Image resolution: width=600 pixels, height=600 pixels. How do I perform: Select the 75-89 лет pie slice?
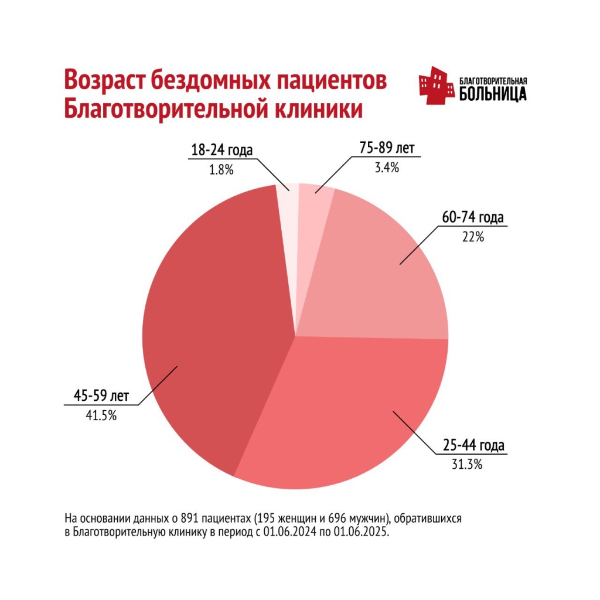(x=313, y=202)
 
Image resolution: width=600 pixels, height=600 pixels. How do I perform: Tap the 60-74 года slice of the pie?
(x=381, y=275)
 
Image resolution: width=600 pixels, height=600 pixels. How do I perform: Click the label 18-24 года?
(x=221, y=150)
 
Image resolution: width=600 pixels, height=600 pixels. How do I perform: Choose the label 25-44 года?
(x=473, y=446)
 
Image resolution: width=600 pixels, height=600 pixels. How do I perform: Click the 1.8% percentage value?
(x=221, y=170)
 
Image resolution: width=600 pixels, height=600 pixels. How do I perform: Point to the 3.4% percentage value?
(x=387, y=168)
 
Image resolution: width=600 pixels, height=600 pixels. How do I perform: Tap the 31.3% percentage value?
(x=467, y=465)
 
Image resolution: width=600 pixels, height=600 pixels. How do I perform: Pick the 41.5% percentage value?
(x=101, y=416)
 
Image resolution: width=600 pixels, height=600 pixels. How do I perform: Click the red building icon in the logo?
(x=437, y=86)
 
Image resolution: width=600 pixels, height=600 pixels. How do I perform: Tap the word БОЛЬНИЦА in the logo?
(x=493, y=94)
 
